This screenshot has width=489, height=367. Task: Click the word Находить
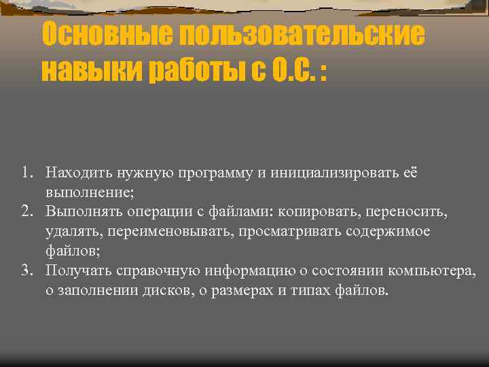(x=76, y=173)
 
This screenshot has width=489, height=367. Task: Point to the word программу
(x=216, y=173)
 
